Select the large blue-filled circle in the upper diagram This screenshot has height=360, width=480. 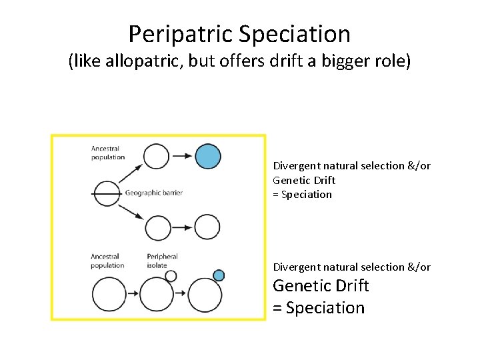[208, 156]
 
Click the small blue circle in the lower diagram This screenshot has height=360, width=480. [219, 275]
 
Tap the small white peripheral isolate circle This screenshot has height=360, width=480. [171, 275]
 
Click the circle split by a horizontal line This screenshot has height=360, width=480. [106, 193]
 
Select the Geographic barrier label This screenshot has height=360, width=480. [153, 193]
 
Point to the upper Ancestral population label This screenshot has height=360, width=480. [108, 153]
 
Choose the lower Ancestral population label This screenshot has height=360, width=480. [108, 261]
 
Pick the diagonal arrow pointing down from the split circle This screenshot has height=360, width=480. [132, 211]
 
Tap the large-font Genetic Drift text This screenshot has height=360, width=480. [321, 286]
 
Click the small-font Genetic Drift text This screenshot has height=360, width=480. [304, 180]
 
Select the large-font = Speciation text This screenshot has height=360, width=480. [319, 308]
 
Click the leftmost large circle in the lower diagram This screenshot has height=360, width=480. [109, 295]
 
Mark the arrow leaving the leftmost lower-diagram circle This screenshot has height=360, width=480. [133, 295]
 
